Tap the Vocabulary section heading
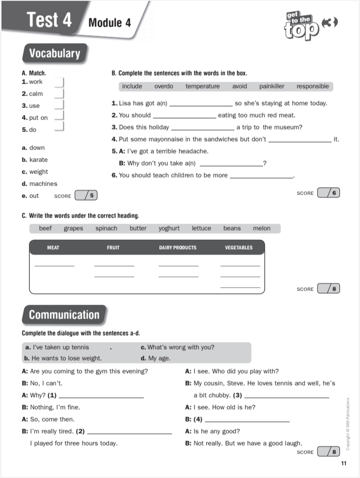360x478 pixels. [54, 53]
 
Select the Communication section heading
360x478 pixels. [64, 314]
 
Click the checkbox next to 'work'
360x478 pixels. [59, 82]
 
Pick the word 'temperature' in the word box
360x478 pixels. [202, 86]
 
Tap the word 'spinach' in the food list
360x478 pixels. [106, 228]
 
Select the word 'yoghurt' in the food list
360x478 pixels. [169, 228]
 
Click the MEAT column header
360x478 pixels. [53, 247]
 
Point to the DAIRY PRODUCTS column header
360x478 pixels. [177, 247]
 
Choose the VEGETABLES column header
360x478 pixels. [239, 247]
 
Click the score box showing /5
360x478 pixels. [86, 195]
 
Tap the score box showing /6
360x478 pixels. [328, 192]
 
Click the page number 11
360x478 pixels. [343, 463]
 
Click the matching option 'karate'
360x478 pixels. [38, 160]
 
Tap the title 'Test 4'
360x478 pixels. [49, 20]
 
